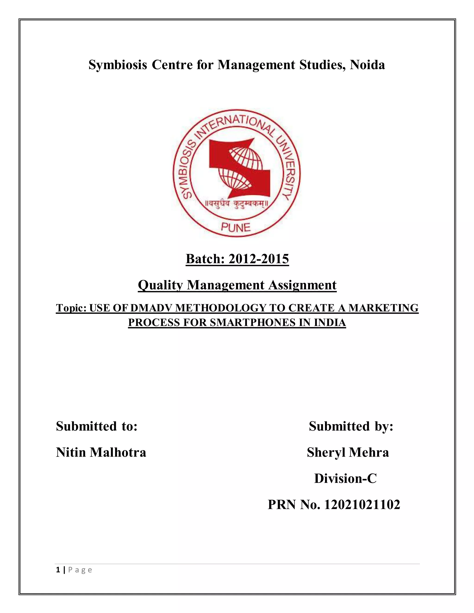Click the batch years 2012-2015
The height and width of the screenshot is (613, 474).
coord(259,259)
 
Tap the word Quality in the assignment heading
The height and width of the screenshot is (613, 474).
coord(160,285)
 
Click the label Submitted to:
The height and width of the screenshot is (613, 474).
coord(97,426)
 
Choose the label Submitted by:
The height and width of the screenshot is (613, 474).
coord(351,426)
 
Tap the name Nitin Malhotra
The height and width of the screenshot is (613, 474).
coord(101,452)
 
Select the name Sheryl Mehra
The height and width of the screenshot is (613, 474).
coord(348,452)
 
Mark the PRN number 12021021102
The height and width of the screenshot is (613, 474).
coord(362,504)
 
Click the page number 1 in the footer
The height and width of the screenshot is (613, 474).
coord(58,570)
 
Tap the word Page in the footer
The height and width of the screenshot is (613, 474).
coord(80,570)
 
